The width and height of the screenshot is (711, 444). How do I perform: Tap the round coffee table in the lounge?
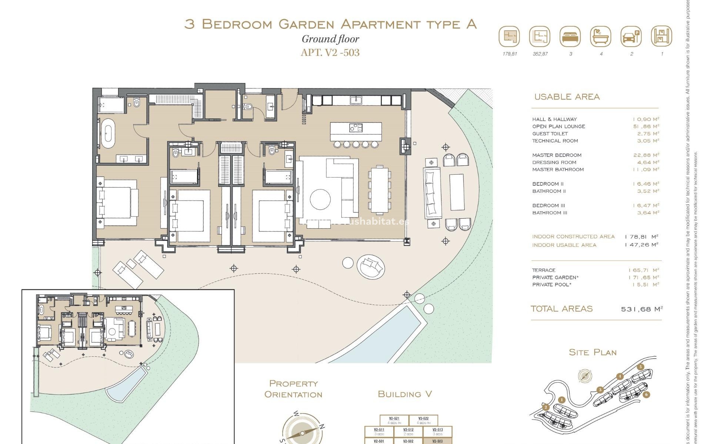[x=320, y=199]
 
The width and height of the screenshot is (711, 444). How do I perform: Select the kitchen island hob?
[x=355, y=128]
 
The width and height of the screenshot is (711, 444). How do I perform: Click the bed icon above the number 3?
[x=570, y=36]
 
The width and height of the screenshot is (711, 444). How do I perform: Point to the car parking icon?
[x=631, y=36]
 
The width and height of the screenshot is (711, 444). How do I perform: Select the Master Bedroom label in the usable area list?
[x=557, y=155]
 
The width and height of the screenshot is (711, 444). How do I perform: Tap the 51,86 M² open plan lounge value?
[x=646, y=126]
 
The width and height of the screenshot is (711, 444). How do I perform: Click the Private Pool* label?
[x=551, y=285]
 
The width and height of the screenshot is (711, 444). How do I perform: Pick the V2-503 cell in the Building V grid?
[x=437, y=441]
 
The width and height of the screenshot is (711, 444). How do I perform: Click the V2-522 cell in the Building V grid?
[x=423, y=420]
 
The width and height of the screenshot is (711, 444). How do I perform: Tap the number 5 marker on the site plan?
[x=651, y=367]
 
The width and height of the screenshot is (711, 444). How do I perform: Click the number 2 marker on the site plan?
[x=545, y=407]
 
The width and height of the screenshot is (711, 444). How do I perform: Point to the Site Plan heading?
[x=592, y=352]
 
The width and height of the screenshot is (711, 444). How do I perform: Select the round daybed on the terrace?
[x=370, y=266]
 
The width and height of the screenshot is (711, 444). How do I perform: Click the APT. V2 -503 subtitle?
[x=330, y=53]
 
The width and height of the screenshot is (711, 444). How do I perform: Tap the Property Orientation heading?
[x=293, y=389]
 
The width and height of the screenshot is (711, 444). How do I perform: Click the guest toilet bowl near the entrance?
[x=248, y=107]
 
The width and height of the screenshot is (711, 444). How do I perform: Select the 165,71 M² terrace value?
[x=643, y=270]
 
